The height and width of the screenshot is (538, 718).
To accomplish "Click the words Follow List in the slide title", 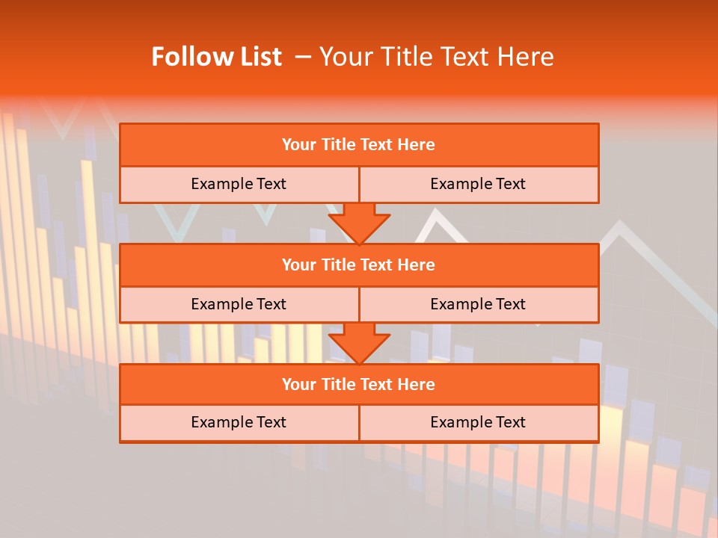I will click(x=216, y=57).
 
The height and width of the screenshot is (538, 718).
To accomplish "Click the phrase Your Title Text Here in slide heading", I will click(x=436, y=57).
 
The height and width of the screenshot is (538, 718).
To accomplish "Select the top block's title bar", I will click(x=359, y=145).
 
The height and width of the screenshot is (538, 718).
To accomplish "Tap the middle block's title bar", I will click(x=359, y=265).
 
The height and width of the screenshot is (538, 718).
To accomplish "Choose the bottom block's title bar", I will click(x=359, y=384).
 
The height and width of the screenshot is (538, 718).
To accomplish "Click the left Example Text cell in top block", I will click(x=239, y=184).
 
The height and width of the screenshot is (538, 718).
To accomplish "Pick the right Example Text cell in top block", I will click(x=478, y=184).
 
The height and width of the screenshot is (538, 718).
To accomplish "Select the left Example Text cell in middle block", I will click(x=239, y=304).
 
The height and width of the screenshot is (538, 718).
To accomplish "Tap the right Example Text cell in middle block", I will click(x=478, y=304).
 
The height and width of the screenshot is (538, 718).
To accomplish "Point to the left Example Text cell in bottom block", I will click(x=239, y=422).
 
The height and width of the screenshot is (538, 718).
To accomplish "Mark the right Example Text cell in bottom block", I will click(x=478, y=422).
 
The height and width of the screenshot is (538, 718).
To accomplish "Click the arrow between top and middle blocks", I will click(x=359, y=223).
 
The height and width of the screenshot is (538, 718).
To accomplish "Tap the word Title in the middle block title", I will click(x=337, y=265).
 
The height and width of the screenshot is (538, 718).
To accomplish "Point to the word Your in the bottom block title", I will click(x=298, y=384).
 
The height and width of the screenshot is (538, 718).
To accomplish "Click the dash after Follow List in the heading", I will click(x=303, y=57).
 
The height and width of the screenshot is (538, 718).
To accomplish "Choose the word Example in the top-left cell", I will click(x=221, y=184).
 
